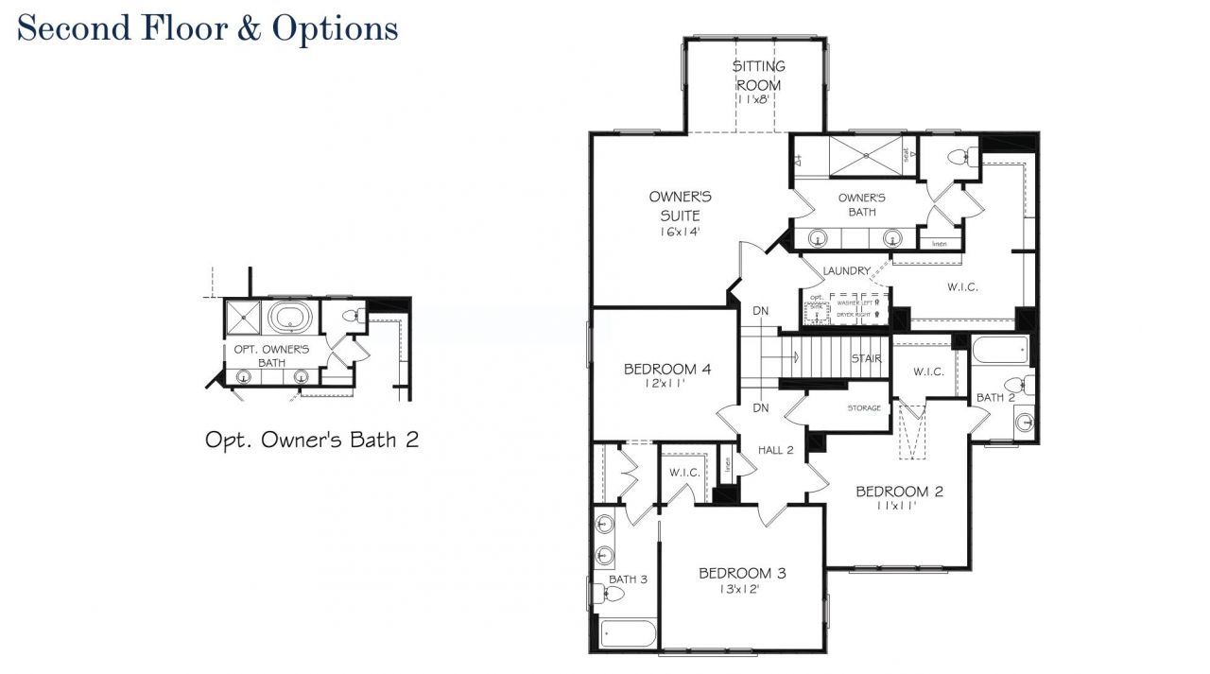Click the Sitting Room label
point(759,76)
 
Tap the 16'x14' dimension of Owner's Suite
point(680,232)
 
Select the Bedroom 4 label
point(667,369)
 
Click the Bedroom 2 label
point(899,492)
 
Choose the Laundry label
point(846,271)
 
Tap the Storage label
point(864,408)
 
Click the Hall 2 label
point(775,450)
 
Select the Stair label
point(867,359)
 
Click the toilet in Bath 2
point(1015,385)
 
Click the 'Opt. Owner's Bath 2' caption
point(311,440)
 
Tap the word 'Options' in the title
point(335,27)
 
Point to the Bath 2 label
point(995,398)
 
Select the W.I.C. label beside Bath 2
point(928,372)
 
